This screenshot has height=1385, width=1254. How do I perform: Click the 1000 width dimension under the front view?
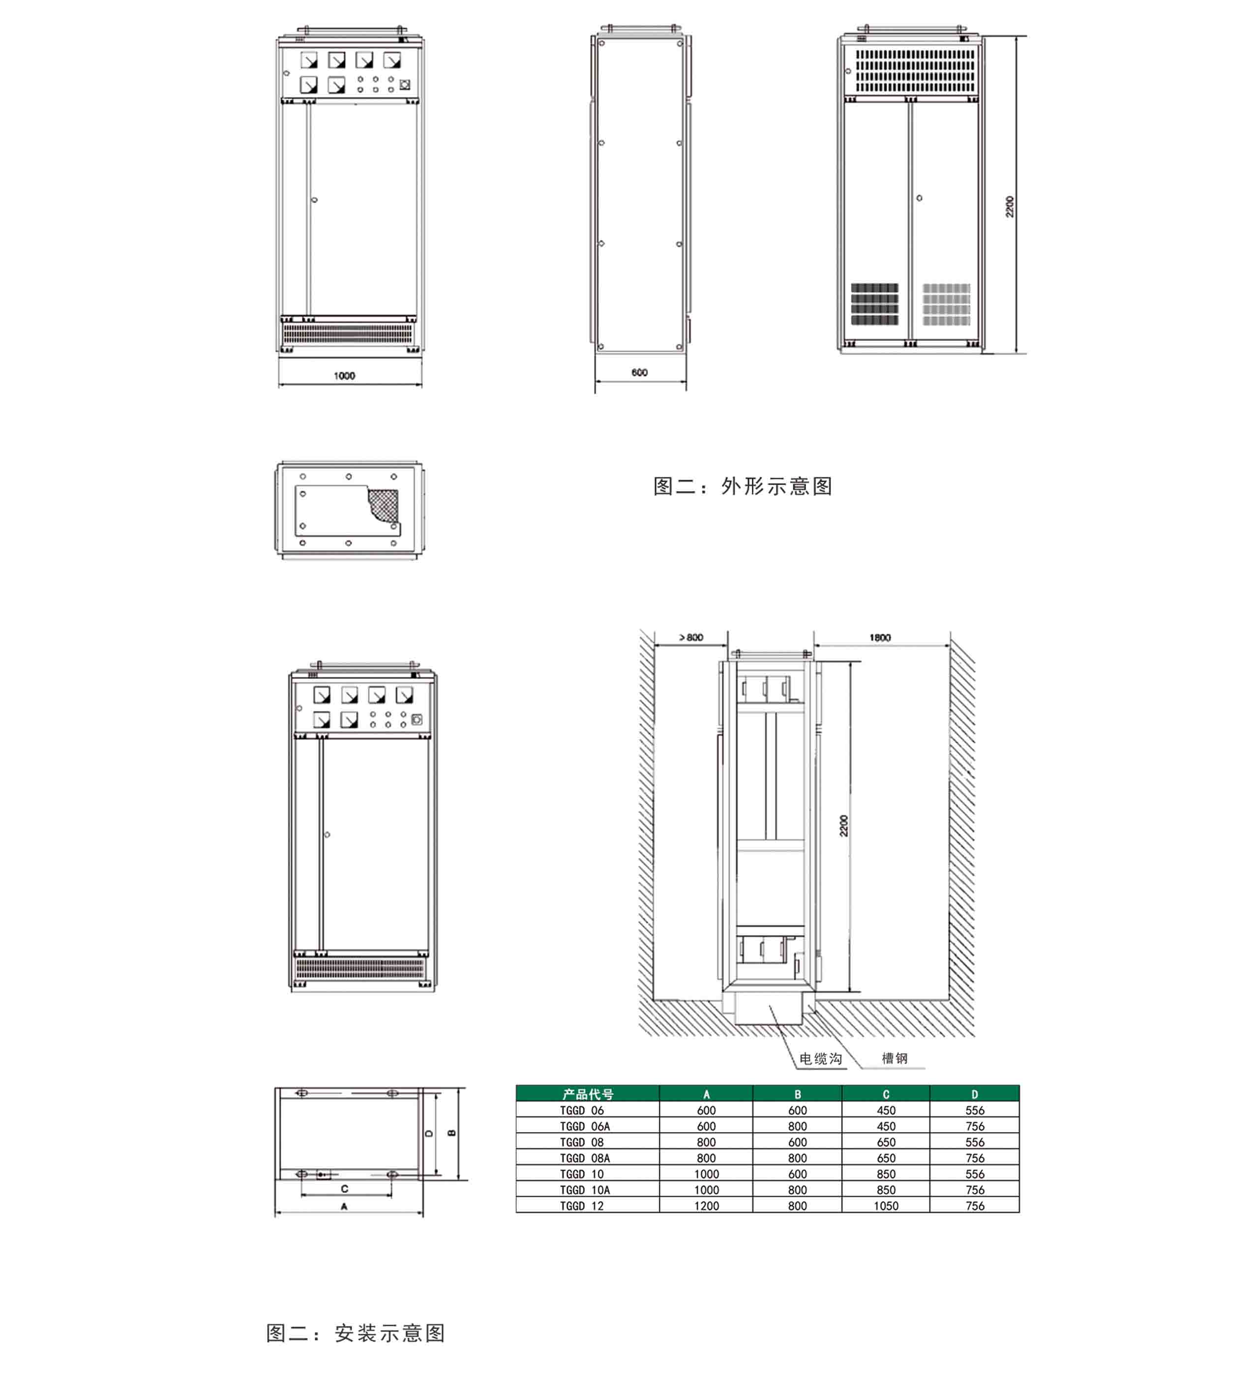pyautogui.click(x=344, y=376)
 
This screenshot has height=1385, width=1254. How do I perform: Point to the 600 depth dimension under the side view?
pyautogui.click(x=639, y=372)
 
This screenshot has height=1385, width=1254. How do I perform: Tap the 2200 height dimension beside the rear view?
pyautogui.click(x=1010, y=207)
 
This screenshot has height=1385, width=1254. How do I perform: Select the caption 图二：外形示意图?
pyautogui.click(x=743, y=487)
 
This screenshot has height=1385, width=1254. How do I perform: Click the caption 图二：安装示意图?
pyautogui.click(x=356, y=1333)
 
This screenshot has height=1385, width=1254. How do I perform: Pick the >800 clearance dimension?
pyautogui.click(x=691, y=638)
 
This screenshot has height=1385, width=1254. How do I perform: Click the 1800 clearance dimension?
pyautogui.click(x=880, y=638)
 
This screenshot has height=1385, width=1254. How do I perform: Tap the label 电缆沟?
pyautogui.click(x=821, y=1059)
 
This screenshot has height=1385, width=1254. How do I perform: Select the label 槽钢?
pyautogui.click(x=894, y=1058)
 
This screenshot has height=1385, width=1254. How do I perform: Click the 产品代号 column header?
pyautogui.click(x=588, y=1094)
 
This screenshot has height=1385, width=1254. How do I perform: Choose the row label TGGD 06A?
pyautogui.click(x=584, y=1126)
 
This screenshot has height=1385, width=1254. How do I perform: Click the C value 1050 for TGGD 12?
pyautogui.click(x=886, y=1206)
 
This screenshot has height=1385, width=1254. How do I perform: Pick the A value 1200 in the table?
pyautogui.click(x=706, y=1206)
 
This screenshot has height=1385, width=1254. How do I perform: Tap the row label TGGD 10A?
pyautogui.click(x=584, y=1190)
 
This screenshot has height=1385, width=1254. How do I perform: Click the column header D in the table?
pyautogui.click(x=975, y=1094)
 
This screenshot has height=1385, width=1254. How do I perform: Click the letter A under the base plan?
pyautogui.click(x=344, y=1206)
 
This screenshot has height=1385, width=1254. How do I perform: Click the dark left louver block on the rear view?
pyautogui.click(x=874, y=304)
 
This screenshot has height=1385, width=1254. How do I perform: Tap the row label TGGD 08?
pyautogui.click(x=582, y=1142)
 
